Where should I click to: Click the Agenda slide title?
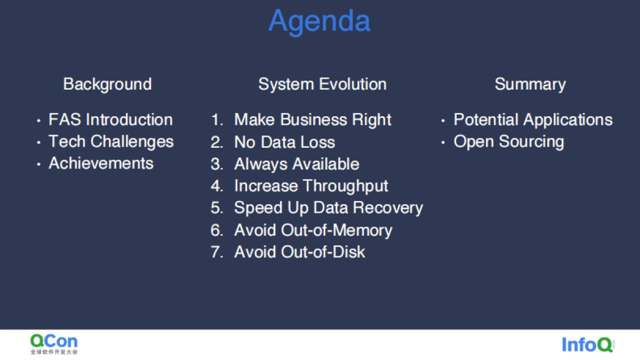click(x=319, y=21)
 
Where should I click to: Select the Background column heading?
click(x=107, y=85)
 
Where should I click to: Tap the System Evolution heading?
click(x=322, y=85)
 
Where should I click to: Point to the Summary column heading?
click(x=530, y=85)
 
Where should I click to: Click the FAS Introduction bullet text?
click(x=110, y=119)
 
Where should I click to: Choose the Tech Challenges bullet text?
click(x=111, y=142)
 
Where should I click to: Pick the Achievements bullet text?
click(x=101, y=163)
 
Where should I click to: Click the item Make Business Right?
click(x=313, y=119)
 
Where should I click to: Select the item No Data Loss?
click(x=285, y=142)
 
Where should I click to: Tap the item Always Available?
click(x=297, y=164)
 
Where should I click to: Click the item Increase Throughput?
click(x=311, y=186)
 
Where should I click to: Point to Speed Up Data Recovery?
click(x=329, y=207)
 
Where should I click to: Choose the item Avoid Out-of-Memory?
click(x=313, y=230)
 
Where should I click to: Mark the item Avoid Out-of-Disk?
click(x=299, y=252)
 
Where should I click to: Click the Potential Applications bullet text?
click(x=533, y=119)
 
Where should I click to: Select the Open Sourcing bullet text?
click(x=509, y=142)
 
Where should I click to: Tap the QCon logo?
click(x=54, y=344)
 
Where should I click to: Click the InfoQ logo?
click(x=588, y=345)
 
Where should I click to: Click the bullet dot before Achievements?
click(x=38, y=164)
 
